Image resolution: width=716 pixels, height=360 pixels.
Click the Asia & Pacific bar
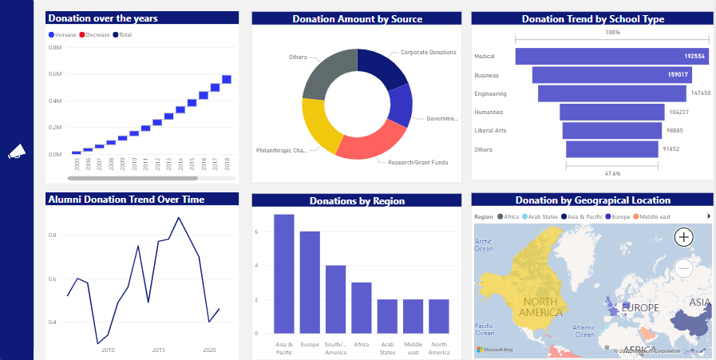284,273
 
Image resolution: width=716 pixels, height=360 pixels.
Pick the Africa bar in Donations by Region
362,307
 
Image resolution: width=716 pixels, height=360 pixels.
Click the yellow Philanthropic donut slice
320,124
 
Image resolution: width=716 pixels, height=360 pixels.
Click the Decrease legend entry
95,35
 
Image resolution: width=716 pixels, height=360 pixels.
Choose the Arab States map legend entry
543,216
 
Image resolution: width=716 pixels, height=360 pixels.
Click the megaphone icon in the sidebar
17,152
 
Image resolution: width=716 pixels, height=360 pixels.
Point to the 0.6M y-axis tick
56,74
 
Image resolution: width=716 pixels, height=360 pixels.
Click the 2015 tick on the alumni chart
159,350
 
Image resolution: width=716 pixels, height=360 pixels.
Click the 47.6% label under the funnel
612,173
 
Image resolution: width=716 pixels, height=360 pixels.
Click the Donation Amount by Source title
357,19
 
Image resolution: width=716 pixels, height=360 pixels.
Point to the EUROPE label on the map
640,307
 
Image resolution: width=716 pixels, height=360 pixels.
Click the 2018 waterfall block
227,79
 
